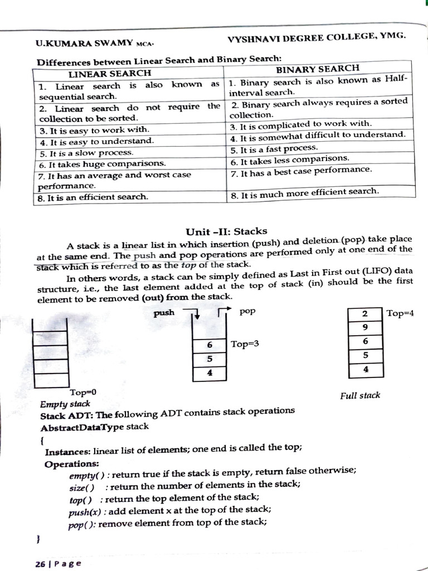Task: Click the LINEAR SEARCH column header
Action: coord(109,73)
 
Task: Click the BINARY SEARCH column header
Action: coord(318,69)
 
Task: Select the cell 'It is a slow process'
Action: coord(86,152)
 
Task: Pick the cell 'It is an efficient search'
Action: coord(93,196)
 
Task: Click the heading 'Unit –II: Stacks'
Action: coord(226,231)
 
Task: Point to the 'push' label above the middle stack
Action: coord(164,313)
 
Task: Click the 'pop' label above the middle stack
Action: coord(247,311)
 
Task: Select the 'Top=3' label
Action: coord(245,344)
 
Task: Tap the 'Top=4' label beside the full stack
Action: coord(400,313)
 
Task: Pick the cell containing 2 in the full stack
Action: coord(364,314)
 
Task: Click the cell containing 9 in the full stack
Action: coord(364,327)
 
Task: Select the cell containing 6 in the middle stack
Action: coord(210,346)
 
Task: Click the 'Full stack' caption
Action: coord(360,395)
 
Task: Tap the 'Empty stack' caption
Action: coord(65,403)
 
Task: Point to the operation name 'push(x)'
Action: coord(83,510)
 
